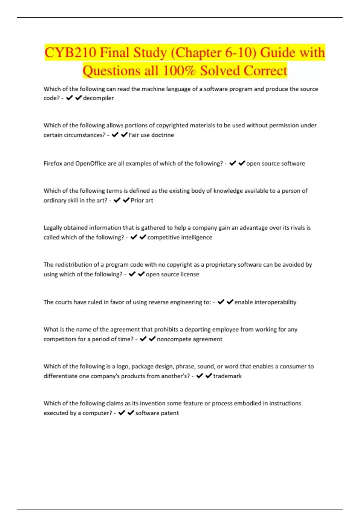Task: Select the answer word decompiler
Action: point(98,98)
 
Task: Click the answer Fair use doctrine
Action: point(151,135)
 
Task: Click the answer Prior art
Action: point(142,200)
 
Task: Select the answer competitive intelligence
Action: point(180,237)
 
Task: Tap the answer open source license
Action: point(172,274)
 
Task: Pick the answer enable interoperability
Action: point(265,302)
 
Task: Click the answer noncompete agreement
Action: point(190,339)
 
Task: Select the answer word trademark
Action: point(227,376)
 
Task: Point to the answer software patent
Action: point(157,413)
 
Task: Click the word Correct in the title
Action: point(265,71)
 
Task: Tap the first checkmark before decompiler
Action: point(69,98)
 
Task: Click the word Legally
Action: point(53,228)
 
